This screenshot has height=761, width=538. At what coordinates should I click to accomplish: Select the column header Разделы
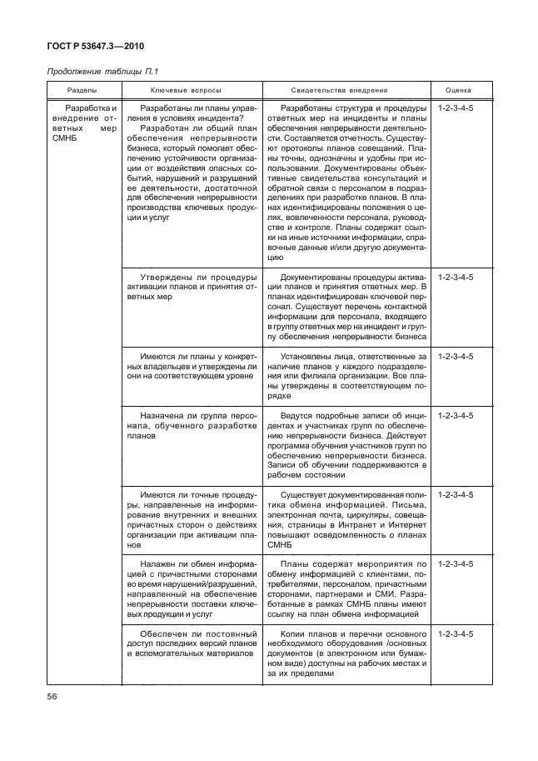[82, 89]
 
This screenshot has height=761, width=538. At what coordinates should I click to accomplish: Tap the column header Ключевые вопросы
[190, 89]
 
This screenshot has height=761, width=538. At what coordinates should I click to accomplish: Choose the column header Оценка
[458, 89]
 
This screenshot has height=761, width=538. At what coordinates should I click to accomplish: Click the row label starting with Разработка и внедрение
[83, 124]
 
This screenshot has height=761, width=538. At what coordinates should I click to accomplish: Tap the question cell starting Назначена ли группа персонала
[190, 424]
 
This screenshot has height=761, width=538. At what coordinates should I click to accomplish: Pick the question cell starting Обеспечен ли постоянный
[190, 643]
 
